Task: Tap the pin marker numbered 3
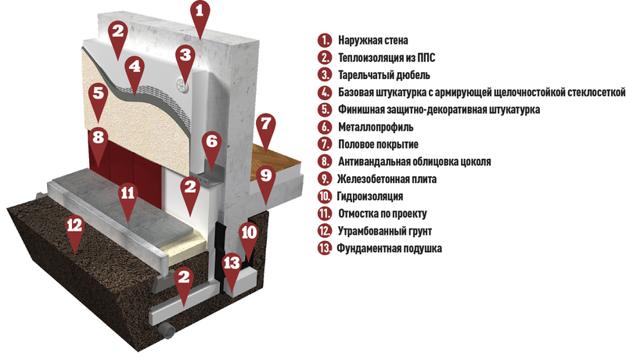pos(185,58)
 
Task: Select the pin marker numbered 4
pos(135,70)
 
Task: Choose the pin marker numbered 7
pos(265,127)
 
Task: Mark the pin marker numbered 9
pos(266,178)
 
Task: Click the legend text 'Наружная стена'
pos(373,41)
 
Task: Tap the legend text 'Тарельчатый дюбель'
pos(384,75)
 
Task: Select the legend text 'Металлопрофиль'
pos(376,128)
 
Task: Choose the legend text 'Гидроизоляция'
pos(370,196)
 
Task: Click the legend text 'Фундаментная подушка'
pos(389,248)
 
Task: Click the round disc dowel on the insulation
pos(182,85)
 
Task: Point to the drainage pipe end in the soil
pos(167,329)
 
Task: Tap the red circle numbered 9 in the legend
pos(325,178)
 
